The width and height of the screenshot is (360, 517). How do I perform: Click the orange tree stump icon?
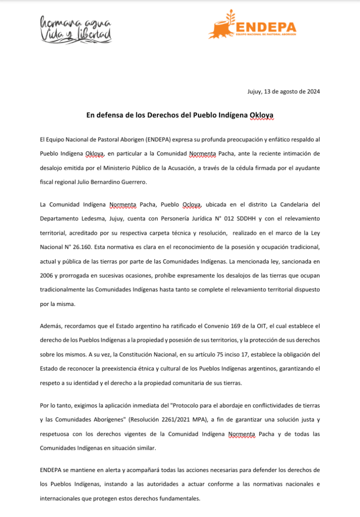[221, 27]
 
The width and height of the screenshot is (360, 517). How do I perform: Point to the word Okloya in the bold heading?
[262, 115]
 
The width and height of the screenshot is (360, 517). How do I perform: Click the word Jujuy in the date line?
[255, 91]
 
